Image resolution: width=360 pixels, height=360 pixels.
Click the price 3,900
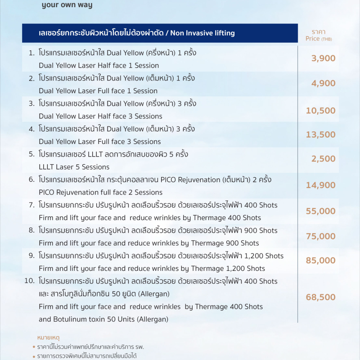(x=323, y=58)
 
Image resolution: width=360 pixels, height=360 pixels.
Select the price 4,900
(x=323, y=83)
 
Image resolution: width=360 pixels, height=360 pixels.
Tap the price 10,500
(x=320, y=111)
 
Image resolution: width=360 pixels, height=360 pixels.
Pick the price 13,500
(x=320, y=135)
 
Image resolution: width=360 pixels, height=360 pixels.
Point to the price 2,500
(x=323, y=158)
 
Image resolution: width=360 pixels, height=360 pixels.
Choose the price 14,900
(x=320, y=185)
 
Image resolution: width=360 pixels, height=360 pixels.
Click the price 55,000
(x=320, y=211)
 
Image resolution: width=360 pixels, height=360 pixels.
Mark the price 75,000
(x=320, y=236)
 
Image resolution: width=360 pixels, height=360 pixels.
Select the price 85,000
(x=320, y=260)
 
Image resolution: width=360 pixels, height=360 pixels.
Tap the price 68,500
(x=320, y=297)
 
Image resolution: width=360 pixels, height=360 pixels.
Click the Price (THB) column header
(x=319, y=36)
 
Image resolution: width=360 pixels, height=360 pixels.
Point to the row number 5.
(x=31, y=154)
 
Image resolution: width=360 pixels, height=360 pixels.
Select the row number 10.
(x=30, y=281)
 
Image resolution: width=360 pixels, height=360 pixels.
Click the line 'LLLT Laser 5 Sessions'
(x=74, y=167)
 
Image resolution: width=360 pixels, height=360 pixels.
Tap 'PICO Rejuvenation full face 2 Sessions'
(x=100, y=192)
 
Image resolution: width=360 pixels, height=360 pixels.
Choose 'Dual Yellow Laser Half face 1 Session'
(x=99, y=65)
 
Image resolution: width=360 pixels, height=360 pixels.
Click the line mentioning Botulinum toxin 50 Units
(x=103, y=319)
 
